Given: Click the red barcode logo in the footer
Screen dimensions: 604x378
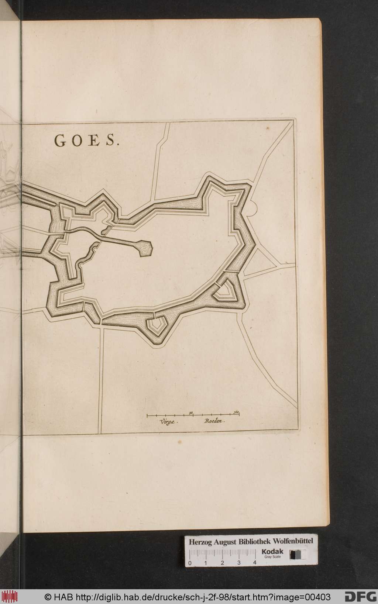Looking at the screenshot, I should [10, 596].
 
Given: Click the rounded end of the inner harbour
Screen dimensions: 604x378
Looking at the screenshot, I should [145, 249].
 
